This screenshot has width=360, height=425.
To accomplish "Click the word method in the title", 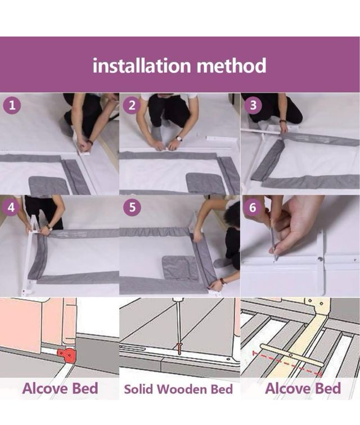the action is point(231,65).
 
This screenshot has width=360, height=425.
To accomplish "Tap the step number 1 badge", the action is point(12,105).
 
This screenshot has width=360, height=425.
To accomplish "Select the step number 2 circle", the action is point(132,105).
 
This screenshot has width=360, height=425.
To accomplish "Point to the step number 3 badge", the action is point(253,105).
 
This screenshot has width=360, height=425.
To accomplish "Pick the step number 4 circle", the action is point(11,207).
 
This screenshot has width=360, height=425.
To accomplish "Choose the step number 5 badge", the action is point(132,207).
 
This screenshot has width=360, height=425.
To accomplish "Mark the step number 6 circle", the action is point(253,207).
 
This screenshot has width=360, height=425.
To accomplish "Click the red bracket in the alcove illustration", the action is point(65,354).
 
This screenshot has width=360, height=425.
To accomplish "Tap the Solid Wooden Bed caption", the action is point(178,389).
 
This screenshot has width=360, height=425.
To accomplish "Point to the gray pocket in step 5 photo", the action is point(181,268).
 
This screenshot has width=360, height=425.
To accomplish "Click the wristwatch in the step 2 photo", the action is point(179,138).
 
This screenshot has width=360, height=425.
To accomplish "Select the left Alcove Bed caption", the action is point(60,388).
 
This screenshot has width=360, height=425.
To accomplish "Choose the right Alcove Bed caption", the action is point(303,388).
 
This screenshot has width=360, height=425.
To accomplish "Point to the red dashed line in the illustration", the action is point(287,364).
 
